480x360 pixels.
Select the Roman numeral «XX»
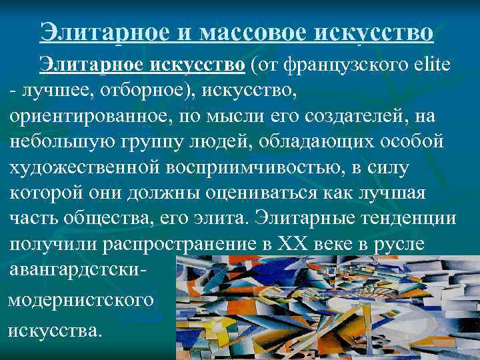[x=303, y=245]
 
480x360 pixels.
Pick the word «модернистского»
[x=80, y=300]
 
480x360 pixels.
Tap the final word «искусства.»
[x=56, y=329]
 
